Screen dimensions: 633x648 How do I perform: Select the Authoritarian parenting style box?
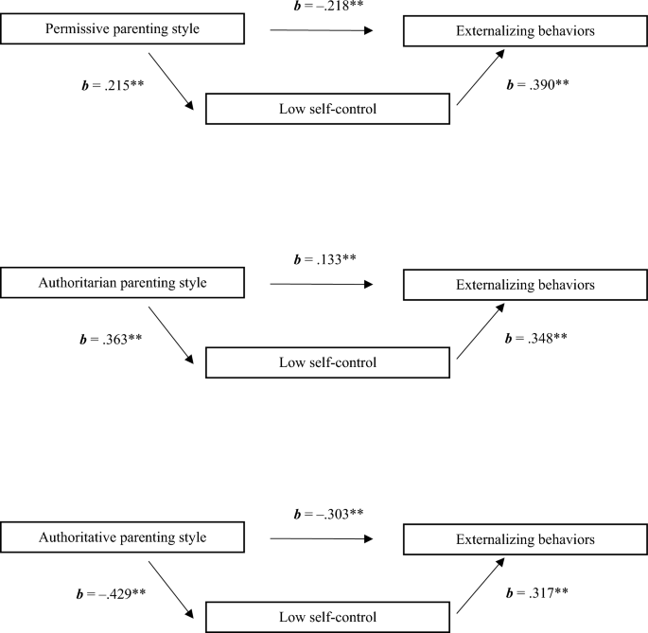click(123, 283)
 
